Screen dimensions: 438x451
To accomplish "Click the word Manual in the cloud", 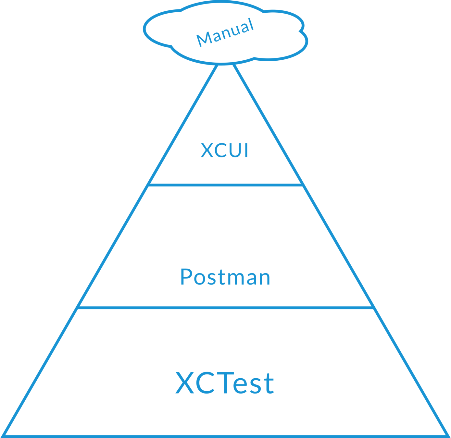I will pyautogui.click(x=225, y=32).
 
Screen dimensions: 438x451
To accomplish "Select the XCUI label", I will pyautogui.click(x=225, y=151).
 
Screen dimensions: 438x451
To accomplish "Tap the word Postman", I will pyautogui.click(x=225, y=277).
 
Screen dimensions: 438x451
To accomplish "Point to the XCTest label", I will pyautogui.click(x=225, y=383).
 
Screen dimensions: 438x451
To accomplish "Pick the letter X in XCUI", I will pyautogui.click(x=207, y=151).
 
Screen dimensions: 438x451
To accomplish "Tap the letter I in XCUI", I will pyautogui.click(x=246, y=151).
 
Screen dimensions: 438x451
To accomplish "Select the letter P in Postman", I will pyautogui.click(x=186, y=277).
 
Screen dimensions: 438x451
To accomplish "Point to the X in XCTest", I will pyautogui.click(x=185, y=383).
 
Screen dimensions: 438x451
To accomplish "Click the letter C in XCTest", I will pyautogui.click(x=204, y=383).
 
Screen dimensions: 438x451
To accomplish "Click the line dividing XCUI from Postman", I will pyautogui.click(x=225, y=184).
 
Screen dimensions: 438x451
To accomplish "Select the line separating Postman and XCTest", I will pyautogui.click(x=225, y=307).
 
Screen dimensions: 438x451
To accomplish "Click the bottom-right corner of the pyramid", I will pyautogui.click(x=448, y=435).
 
